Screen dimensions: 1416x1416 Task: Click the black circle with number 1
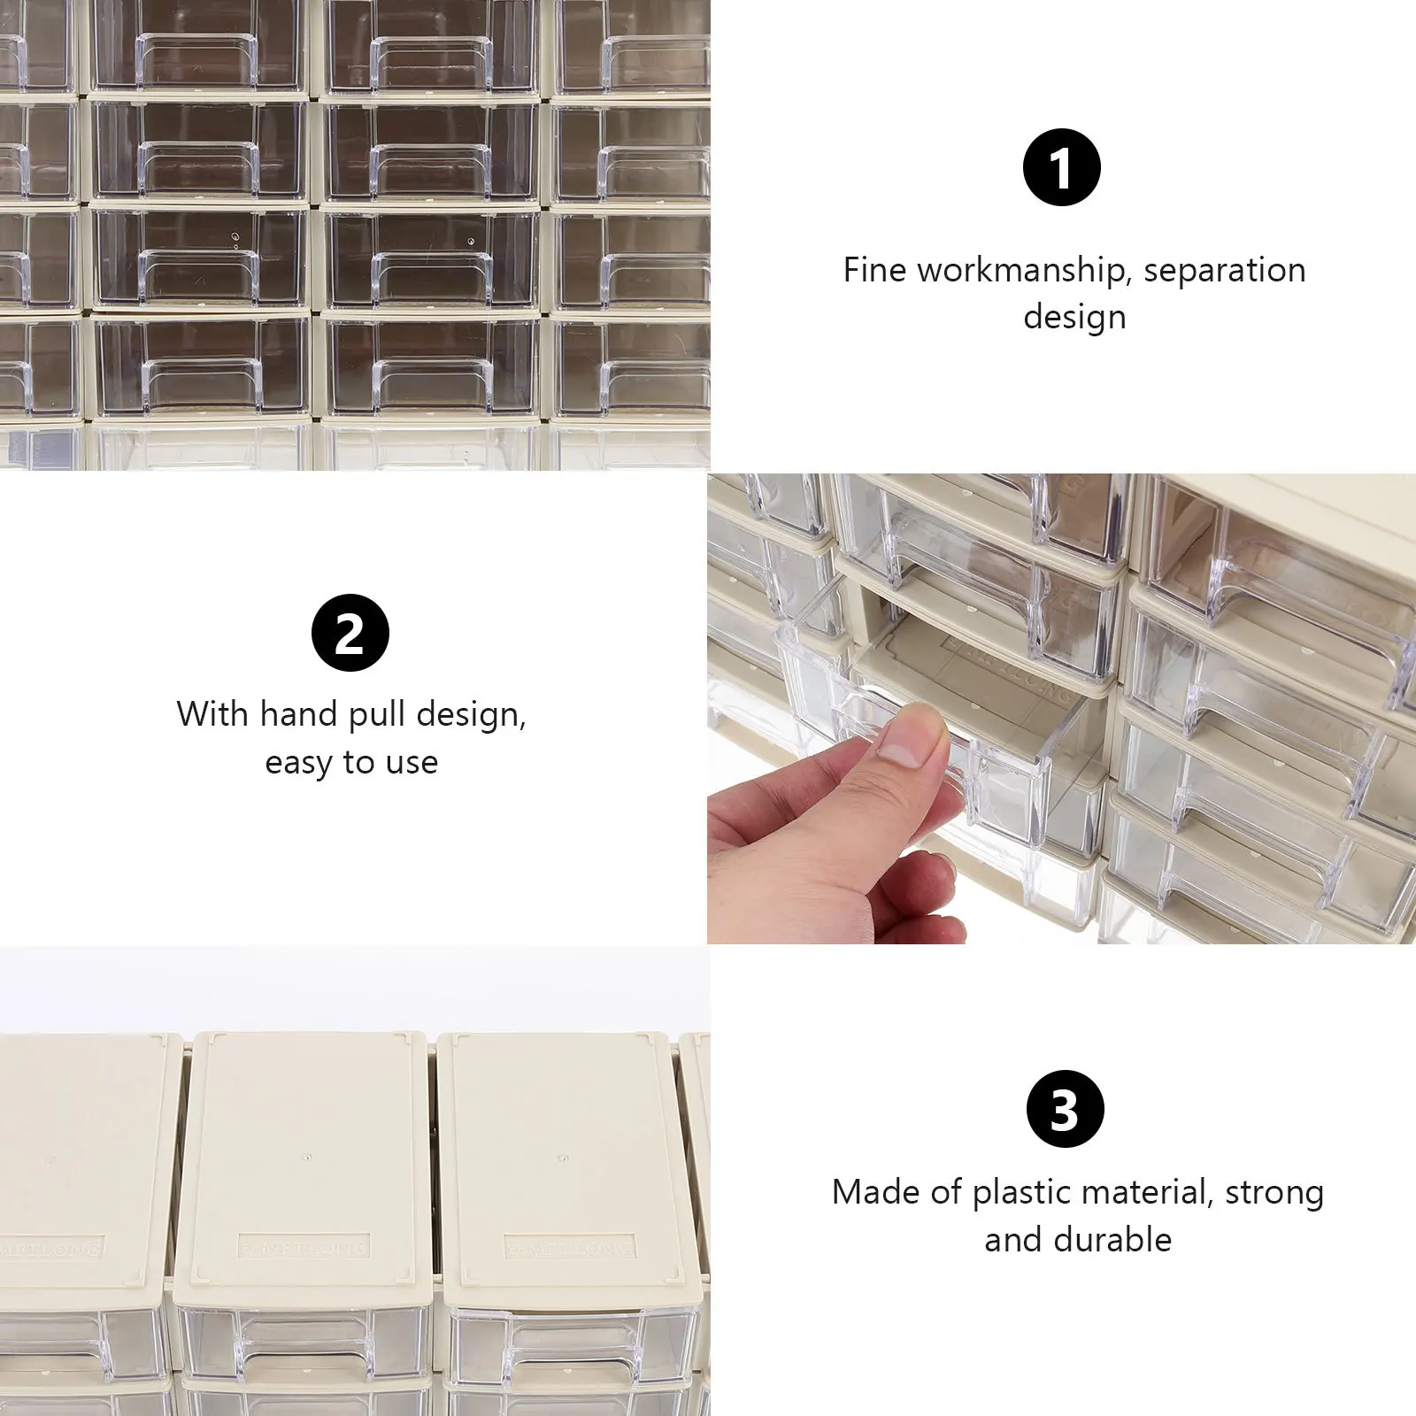pyautogui.click(x=1061, y=167)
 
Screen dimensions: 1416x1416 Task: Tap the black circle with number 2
pyautogui.click(x=350, y=633)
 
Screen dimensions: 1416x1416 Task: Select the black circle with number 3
pyautogui.click(x=1065, y=1109)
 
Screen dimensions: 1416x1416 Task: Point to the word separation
pyautogui.click(x=1224, y=270)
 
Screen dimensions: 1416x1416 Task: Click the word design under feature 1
pyautogui.click(x=1074, y=317)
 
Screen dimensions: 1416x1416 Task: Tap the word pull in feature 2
pyautogui.click(x=380, y=714)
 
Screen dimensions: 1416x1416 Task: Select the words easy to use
pyautogui.click(x=351, y=762)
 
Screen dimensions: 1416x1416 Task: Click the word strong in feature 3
pyautogui.click(x=1274, y=1193)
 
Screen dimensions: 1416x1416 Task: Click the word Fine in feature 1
pyautogui.click(x=873, y=270)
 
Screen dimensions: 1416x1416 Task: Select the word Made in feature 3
pyautogui.click(x=873, y=1193)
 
